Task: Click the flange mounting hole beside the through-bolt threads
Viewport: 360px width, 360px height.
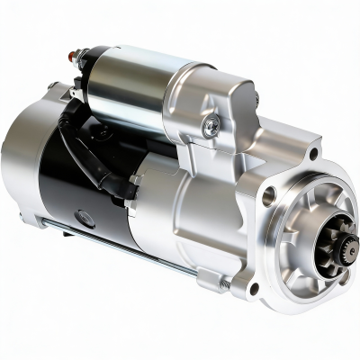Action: click(255, 289)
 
